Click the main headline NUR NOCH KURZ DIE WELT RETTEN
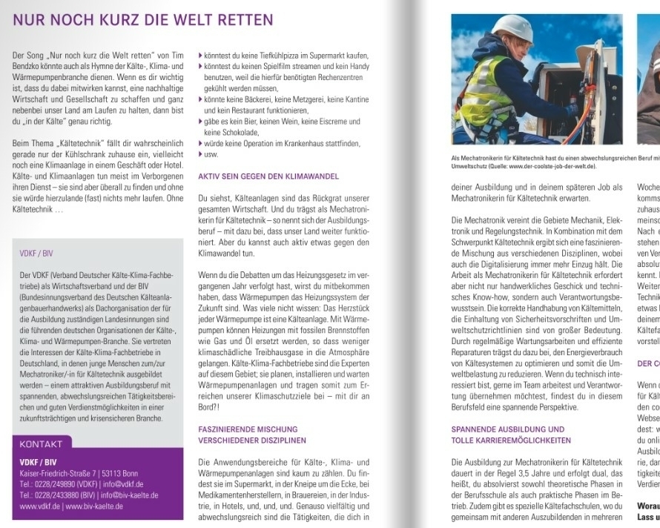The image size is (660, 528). click(x=142, y=20)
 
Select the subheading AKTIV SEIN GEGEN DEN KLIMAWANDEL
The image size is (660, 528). click(x=268, y=176)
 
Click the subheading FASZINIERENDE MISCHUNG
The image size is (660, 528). click(x=248, y=429)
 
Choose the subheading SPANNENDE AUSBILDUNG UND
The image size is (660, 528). click(x=508, y=429)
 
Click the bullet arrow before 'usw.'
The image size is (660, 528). click(x=200, y=154)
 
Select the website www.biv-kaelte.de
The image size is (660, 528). click(x=96, y=506)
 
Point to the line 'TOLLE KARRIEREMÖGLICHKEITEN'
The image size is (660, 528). click(x=511, y=440)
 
